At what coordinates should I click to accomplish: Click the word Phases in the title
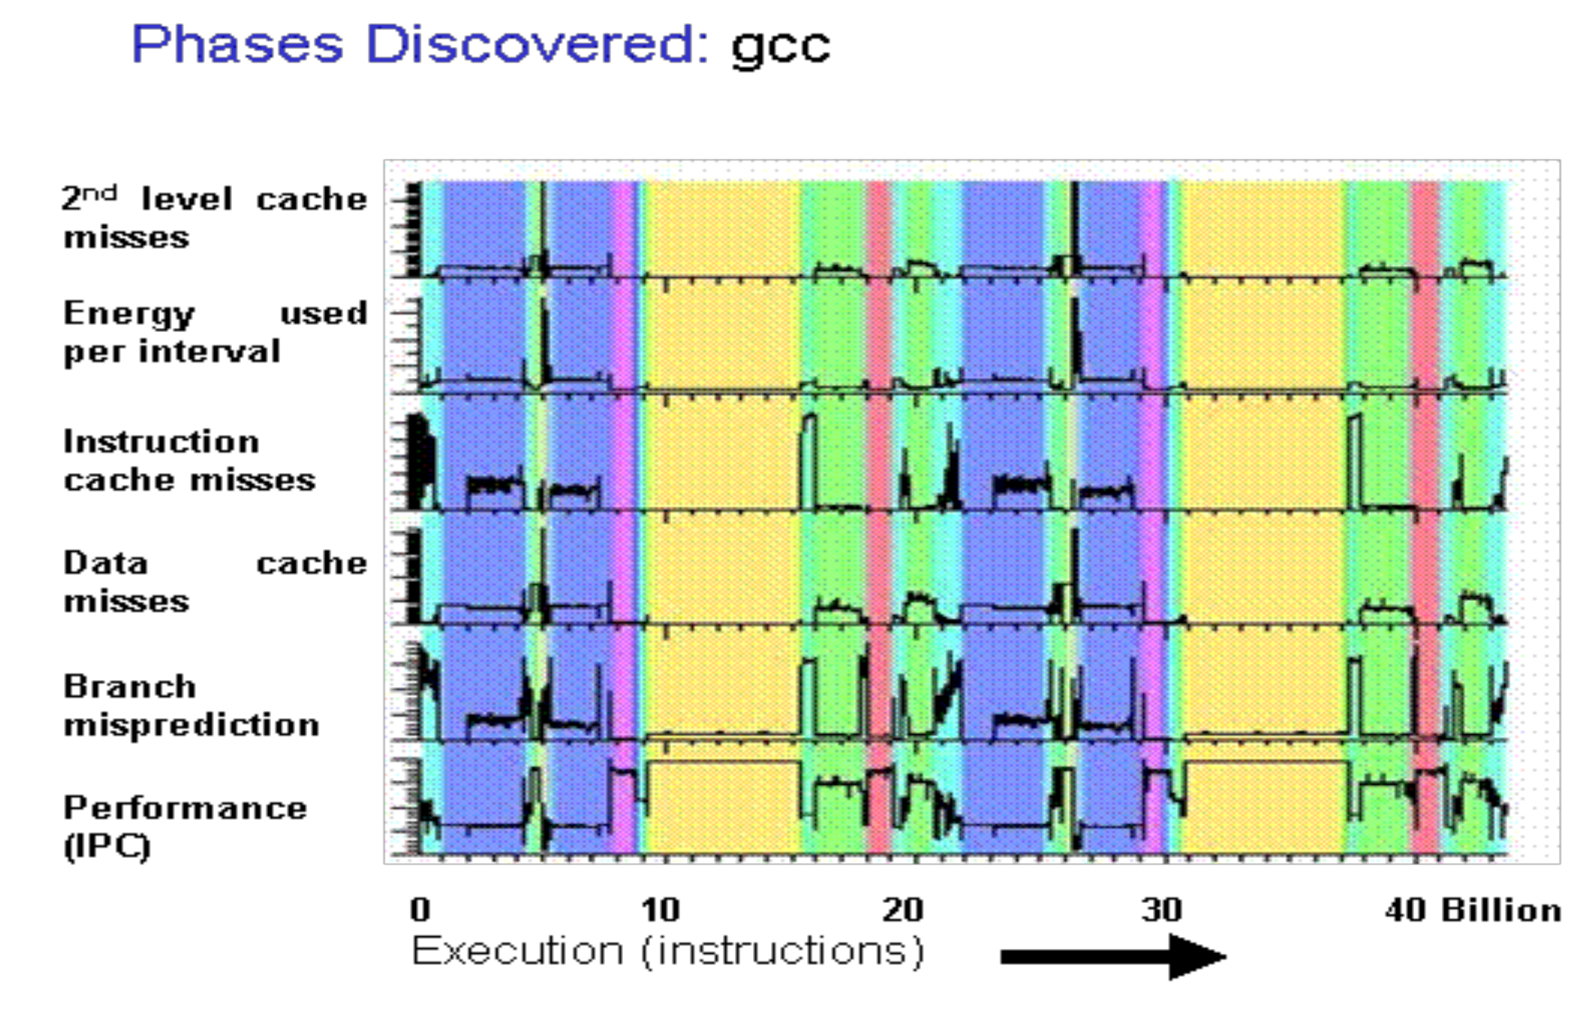click(x=237, y=44)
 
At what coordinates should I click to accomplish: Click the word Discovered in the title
click(x=537, y=44)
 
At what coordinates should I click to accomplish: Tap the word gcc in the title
click(x=781, y=47)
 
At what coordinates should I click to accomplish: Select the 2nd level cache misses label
click(x=215, y=217)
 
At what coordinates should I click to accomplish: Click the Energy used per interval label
click(x=215, y=331)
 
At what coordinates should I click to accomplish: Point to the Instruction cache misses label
click(x=189, y=461)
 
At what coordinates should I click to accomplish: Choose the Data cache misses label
click(x=215, y=581)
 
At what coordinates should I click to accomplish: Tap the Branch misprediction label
click(x=191, y=705)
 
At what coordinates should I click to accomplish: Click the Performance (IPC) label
click(x=185, y=827)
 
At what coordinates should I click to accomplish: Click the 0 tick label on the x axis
click(x=420, y=909)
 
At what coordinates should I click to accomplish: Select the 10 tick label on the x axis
click(x=660, y=909)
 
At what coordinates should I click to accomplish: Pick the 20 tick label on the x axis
click(x=902, y=909)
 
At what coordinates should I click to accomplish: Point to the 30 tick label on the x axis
click(x=1161, y=909)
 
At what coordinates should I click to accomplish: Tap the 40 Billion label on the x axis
click(x=1472, y=909)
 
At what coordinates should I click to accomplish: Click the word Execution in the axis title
click(x=517, y=951)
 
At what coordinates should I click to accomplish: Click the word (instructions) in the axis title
click(x=783, y=951)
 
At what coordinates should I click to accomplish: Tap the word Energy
click(x=129, y=314)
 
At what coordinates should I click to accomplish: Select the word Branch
click(x=130, y=686)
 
